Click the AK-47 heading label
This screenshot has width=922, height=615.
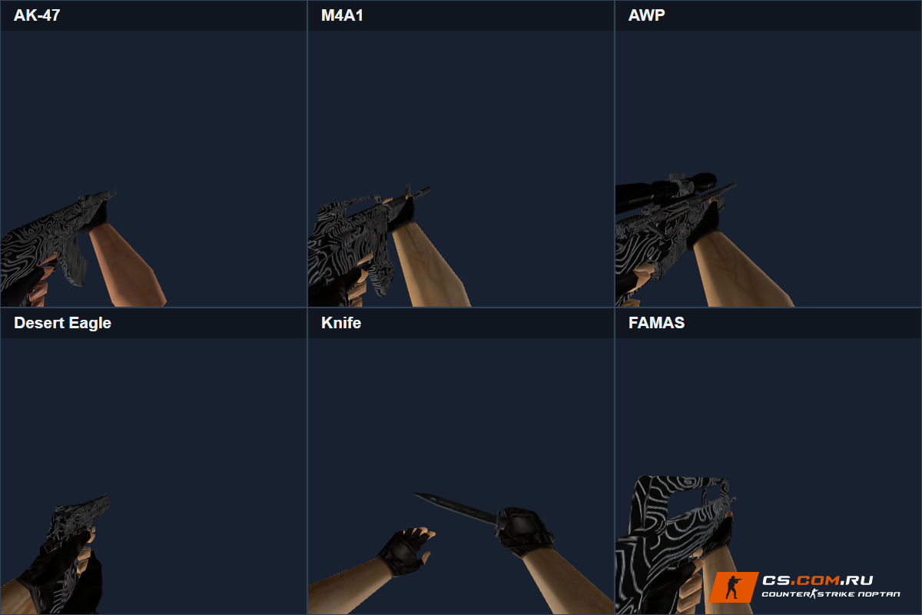(37, 15)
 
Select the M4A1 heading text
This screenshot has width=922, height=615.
(342, 15)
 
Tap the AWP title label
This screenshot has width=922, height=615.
(646, 15)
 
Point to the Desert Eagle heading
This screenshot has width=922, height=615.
(62, 323)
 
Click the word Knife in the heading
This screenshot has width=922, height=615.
(341, 323)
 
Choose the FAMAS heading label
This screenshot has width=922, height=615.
(656, 323)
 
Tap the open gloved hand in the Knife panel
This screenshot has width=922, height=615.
(406, 550)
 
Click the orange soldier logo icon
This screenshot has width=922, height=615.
(733, 587)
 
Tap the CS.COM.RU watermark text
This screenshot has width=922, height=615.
(818, 580)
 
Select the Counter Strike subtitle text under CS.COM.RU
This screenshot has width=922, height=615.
(831, 594)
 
